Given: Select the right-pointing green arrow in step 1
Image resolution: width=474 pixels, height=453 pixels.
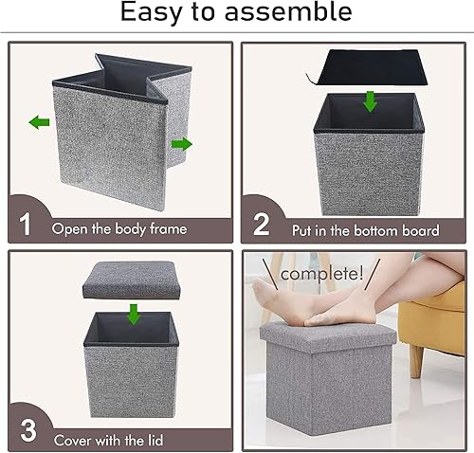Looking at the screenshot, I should coord(181,144).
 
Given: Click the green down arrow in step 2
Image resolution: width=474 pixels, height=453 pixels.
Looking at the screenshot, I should coord(370,100).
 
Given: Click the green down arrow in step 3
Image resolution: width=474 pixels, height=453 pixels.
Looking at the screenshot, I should coord(135,313).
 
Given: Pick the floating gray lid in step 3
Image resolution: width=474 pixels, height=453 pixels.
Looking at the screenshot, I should coord(133,281).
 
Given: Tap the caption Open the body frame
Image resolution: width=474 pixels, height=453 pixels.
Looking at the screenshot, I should coord(119,229).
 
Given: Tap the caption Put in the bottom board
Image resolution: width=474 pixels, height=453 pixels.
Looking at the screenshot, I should coord(363,229).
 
